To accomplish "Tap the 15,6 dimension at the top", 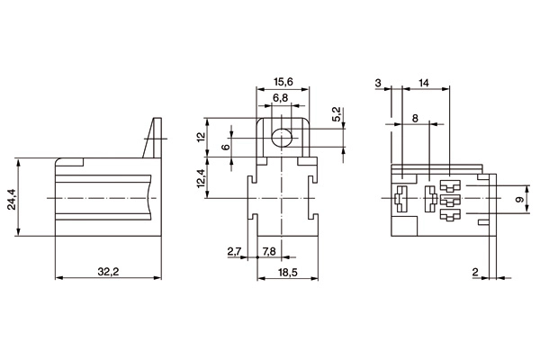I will [x=283, y=82].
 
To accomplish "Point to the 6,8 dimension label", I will [x=282, y=97].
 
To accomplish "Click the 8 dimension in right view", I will [x=415, y=118].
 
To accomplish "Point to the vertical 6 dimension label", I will [x=226, y=147].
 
